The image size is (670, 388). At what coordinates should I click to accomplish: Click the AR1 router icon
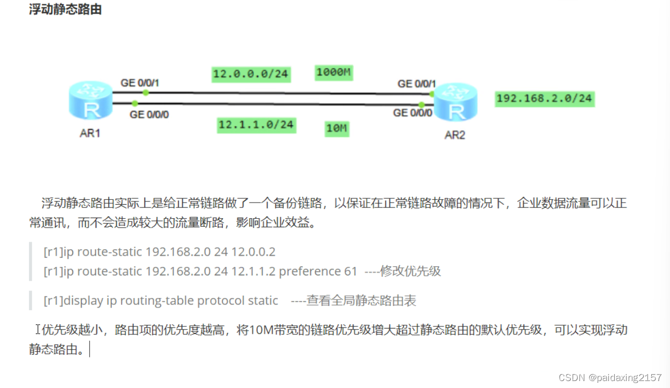coord(90,102)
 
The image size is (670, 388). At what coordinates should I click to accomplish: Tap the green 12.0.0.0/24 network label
coord(251,74)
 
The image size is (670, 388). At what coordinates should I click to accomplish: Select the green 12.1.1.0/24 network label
coord(256,125)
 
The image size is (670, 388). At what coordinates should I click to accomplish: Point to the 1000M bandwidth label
coord(333,72)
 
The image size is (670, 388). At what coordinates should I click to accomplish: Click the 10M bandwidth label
coord(337,129)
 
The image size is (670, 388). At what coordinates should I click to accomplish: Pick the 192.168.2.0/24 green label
coord(544,98)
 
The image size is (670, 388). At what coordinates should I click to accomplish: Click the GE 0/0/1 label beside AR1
coord(140,83)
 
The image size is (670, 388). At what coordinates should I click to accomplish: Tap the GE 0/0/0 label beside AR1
coord(149,114)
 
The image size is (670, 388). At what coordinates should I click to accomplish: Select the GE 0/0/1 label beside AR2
coord(417,84)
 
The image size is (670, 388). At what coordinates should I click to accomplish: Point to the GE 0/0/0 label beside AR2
coord(412,113)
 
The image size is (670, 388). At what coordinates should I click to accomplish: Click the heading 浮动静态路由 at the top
coord(65,10)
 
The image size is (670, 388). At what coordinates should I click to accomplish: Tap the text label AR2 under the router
coord(455,135)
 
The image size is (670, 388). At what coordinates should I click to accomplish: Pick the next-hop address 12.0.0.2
coord(253,251)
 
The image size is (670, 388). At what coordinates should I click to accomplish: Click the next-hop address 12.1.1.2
coord(253,271)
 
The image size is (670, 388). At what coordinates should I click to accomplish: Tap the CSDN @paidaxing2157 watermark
coord(610,378)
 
